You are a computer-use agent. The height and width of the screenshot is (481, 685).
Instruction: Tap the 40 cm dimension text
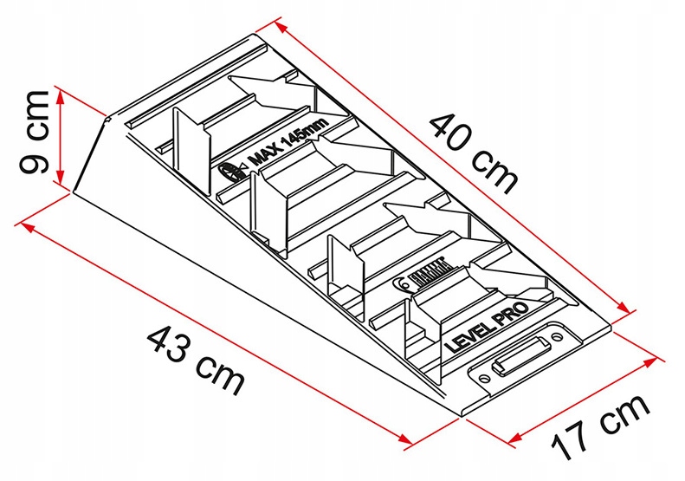475,153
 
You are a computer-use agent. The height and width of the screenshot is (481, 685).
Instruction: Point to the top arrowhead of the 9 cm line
61,89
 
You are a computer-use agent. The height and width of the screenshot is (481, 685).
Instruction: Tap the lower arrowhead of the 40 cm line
624,309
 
